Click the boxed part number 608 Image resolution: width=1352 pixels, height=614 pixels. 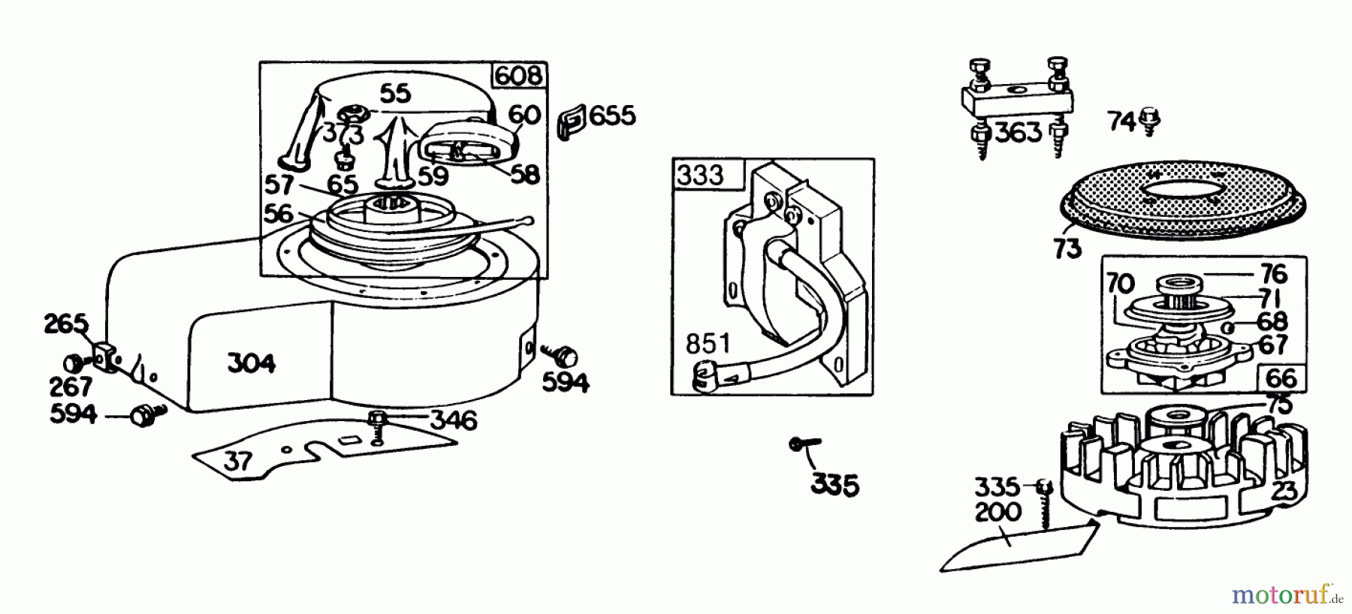tap(518, 75)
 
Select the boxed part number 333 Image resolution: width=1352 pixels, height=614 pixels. tap(699, 175)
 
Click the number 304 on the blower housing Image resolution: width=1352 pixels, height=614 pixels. tap(251, 363)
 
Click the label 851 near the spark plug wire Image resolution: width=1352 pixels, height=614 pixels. tap(708, 345)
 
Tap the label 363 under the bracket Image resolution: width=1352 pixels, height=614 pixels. tap(1019, 134)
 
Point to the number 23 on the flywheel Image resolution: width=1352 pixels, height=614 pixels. tap(1285, 492)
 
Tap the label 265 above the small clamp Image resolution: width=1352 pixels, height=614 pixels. tap(65, 325)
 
